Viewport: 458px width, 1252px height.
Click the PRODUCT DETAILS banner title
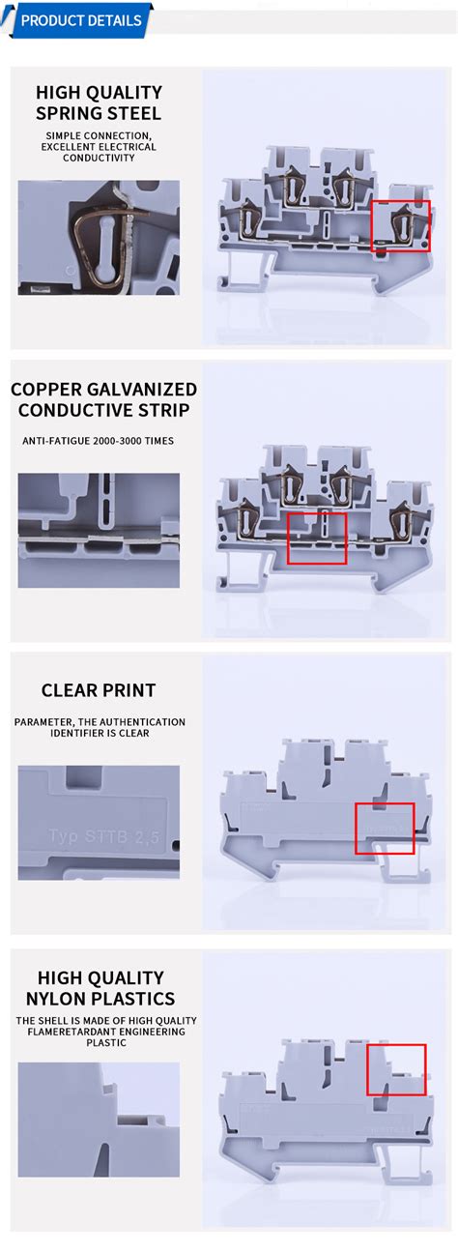click(x=80, y=20)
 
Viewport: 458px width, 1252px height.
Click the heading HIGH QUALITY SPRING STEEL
click(x=99, y=102)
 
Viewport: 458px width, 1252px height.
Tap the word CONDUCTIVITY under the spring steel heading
click(x=99, y=158)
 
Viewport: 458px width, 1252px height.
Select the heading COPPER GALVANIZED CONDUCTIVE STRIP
click(x=102, y=399)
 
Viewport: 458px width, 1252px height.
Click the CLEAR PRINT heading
click(x=99, y=690)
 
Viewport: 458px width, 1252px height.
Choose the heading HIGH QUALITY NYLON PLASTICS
click(x=100, y=988)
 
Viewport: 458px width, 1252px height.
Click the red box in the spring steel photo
click(x=401, y=225)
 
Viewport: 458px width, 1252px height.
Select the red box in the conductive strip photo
click(x=317, y=538)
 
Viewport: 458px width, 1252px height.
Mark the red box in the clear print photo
click(x=385, y=828)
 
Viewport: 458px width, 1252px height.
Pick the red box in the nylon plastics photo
click(x=396, y=1069)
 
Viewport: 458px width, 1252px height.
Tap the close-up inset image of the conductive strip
click(x=99, y=530)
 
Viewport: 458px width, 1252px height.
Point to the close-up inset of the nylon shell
click(x=99, y=1120)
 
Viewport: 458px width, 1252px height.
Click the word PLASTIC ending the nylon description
click(x=105, y=1043)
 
